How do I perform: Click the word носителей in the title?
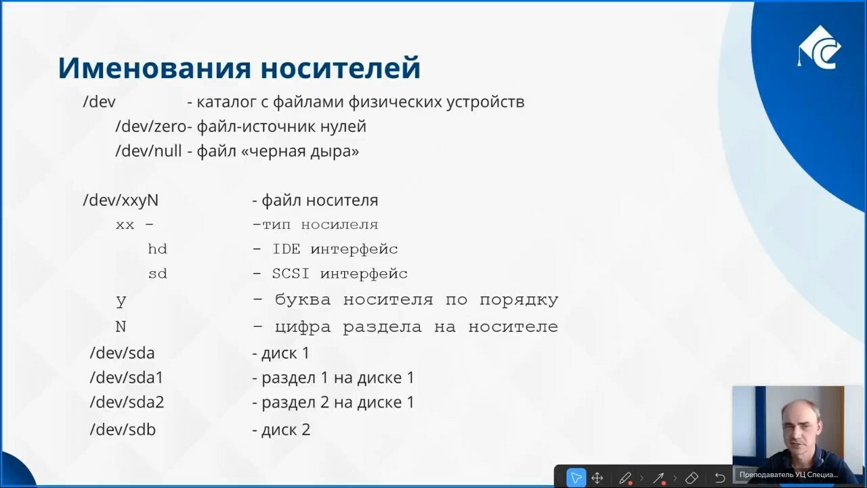pyautogui.click(x=341, y=68)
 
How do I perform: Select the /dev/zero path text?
pyautogui.click(x=151, y=127)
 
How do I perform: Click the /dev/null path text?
pyautogui.click(x=148, y=151)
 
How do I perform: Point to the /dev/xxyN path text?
pyautogui.click(x=121, y=201)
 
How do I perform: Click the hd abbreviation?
pyautogui.click(x=158, y=249)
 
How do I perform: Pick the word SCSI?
pyautogui.click(x=291, y=274)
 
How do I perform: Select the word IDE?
pyautogui.click(x=287, y=249)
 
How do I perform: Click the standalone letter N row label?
pyautogui.click(x=121, y=327)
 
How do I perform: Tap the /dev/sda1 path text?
pyautogui.click(x=127, y=378)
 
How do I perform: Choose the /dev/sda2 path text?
pyautogui.click(x=127, y=403)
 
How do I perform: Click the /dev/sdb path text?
pyautogui.click(x=123, y=430)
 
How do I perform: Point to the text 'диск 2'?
pyautogui.click(x=286, y=430)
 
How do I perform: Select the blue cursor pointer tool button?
pyautogui.click(x=576, y=478)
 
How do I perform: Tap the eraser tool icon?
pyautogui.click(x=692, y=478)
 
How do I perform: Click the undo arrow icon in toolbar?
pyautogui.click(x=720, y=478)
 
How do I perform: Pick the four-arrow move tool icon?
pyautogui.click(x=597, y=478)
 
